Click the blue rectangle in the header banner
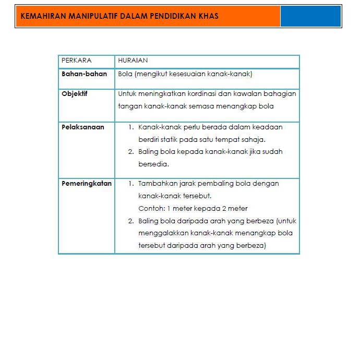click(310, 16)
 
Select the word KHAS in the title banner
click(208, 16)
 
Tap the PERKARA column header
click(77, 61)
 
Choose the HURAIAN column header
click(133, 61)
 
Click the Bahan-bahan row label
click(84, 74)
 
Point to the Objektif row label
click(75, 94)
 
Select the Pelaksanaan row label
click(83, 127)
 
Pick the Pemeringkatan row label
click(87, 183)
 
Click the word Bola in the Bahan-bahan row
click(125, 74)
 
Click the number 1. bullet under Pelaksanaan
click(131, 127)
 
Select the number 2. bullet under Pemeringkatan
click(131, 221)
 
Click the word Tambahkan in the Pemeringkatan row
click(157, 183)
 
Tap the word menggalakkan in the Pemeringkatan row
click(163, 233)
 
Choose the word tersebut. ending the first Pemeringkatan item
click(197, 196)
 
